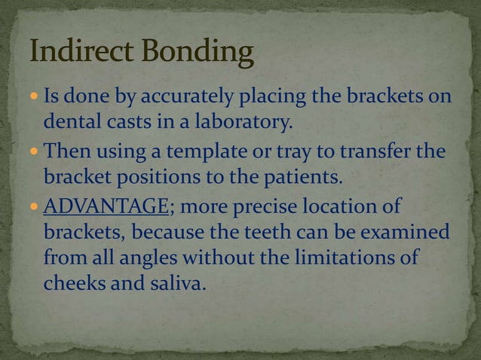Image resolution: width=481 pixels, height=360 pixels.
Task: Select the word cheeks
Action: click(69, 285)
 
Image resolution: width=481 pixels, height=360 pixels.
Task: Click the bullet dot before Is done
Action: click(35, 99)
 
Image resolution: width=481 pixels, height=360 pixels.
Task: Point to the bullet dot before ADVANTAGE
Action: click(35, 206)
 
